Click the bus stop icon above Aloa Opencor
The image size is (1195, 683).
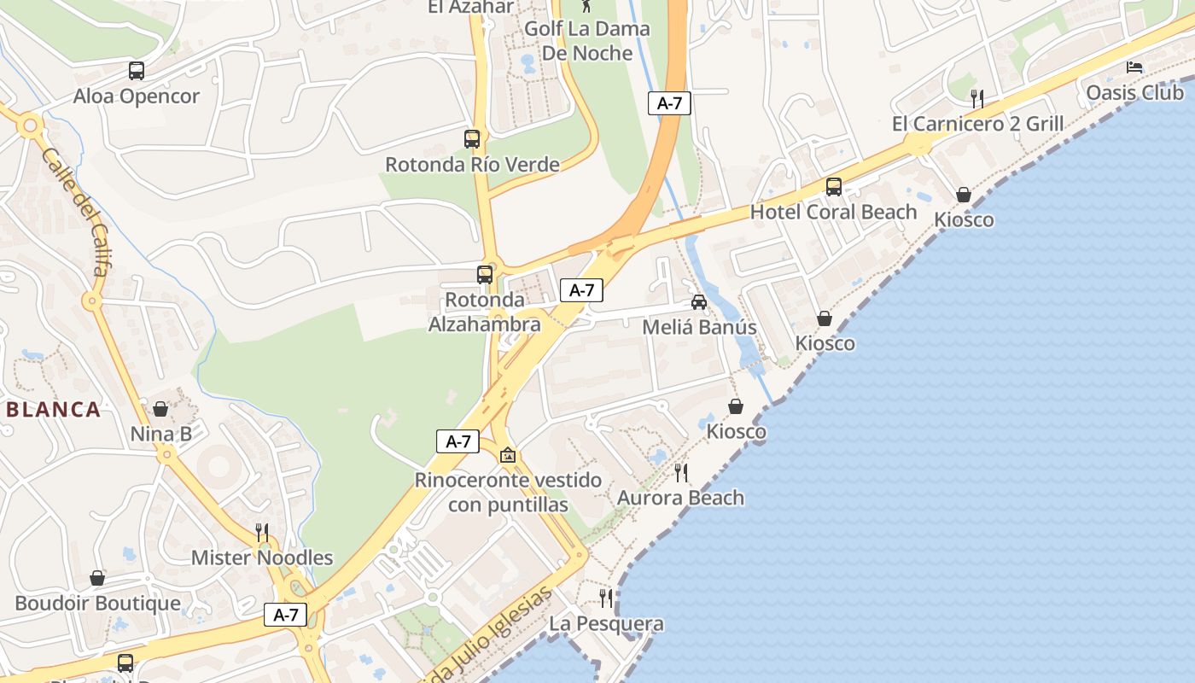137,71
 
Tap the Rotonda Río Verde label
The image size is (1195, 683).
472,164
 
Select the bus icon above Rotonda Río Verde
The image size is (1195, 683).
472,138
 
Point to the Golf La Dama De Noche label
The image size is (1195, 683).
587,40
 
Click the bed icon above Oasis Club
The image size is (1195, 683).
1134,67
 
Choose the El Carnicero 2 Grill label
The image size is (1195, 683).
977,124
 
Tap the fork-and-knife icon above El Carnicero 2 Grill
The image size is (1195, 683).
977,98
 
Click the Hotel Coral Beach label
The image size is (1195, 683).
833,212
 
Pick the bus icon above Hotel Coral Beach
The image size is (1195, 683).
833,186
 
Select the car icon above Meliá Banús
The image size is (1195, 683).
699,301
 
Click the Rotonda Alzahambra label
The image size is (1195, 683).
484,312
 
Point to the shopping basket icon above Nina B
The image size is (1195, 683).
160,409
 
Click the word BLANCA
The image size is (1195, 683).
54,409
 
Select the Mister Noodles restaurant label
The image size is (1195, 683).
261,557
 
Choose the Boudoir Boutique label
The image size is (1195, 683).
97,603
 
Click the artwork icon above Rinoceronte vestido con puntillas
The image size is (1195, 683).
508,455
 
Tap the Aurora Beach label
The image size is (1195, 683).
680,497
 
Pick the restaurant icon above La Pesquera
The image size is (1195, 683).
606,598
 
